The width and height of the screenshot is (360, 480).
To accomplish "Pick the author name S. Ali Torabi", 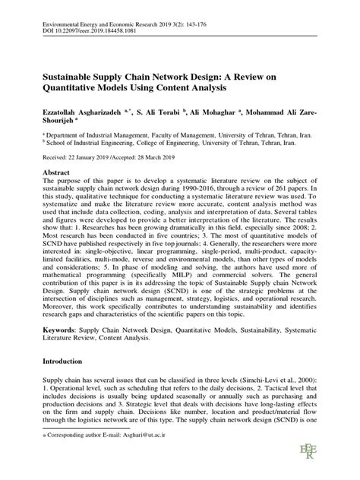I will pyautogui.click(x=162, y=112).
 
